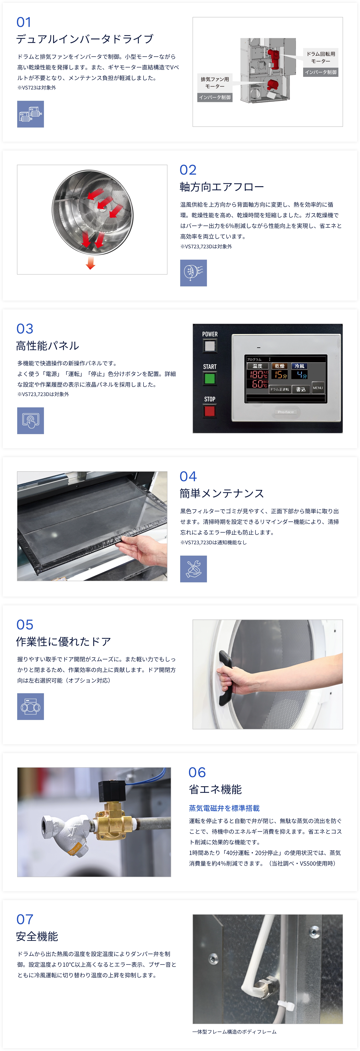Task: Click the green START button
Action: [209, 378]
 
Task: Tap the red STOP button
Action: [209, 410]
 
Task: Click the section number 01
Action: [24, 22]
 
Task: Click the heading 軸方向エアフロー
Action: [222, 187]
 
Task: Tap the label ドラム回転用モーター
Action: [321, 57]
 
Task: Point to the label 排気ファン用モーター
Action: [215, 82]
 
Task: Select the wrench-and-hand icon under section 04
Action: [193, 569]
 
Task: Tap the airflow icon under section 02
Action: [193, 273]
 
